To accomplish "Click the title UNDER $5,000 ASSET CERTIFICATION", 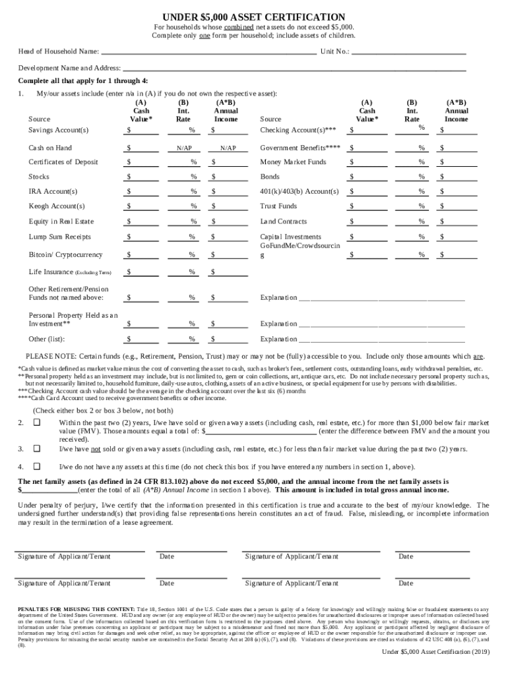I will coord(254,16).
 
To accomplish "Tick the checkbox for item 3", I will coord(37,448).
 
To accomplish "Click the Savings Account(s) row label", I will coord(59,130).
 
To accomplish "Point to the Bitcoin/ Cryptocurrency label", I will coord(65,254).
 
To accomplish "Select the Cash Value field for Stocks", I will coord(143,177).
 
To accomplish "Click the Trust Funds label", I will coord(278,206).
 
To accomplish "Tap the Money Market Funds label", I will coord(293,162).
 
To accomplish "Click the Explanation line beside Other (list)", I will coord(382,339).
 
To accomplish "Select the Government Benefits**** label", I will coord(300,148).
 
